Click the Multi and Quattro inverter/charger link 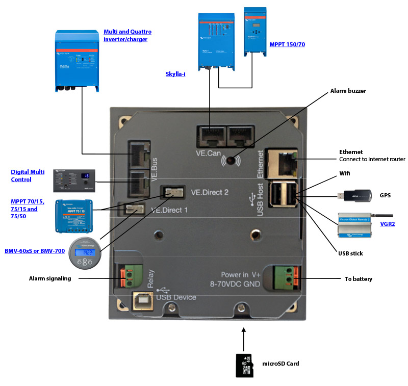click(127, 35)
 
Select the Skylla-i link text click(175, 74)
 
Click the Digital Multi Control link click(28, 176)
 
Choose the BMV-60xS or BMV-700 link click(34, 251)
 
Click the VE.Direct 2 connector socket click(172, 193)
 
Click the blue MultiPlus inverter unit click(76, 61)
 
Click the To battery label click(359, 279)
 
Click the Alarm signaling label click(50, 278)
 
